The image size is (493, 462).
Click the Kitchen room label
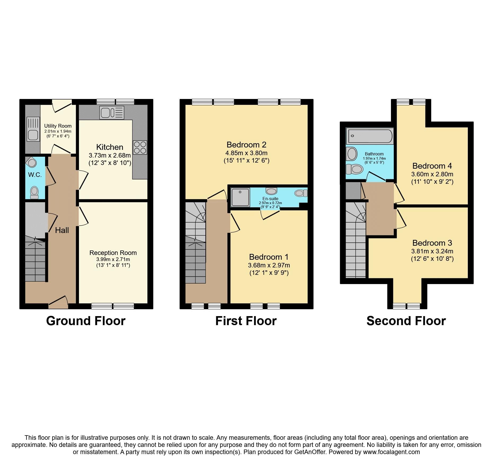109,147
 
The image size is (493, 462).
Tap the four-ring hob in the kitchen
140,147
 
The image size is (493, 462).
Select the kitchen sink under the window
112,113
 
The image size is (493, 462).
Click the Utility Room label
58,126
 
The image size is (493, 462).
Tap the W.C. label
35,175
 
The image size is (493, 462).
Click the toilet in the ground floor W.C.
34,192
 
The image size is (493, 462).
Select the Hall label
62,230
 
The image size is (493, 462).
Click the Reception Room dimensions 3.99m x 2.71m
113,259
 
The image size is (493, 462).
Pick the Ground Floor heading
86,321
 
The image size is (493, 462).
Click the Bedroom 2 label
246,145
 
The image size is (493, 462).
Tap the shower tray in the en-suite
240,197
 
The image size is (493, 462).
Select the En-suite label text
270,199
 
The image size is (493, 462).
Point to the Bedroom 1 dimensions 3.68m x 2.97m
269,265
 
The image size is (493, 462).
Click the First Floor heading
246,321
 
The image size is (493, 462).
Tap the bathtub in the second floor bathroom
370,136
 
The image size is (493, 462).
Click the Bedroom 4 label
432,166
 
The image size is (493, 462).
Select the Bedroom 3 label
432,243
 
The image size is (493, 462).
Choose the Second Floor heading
406,321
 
